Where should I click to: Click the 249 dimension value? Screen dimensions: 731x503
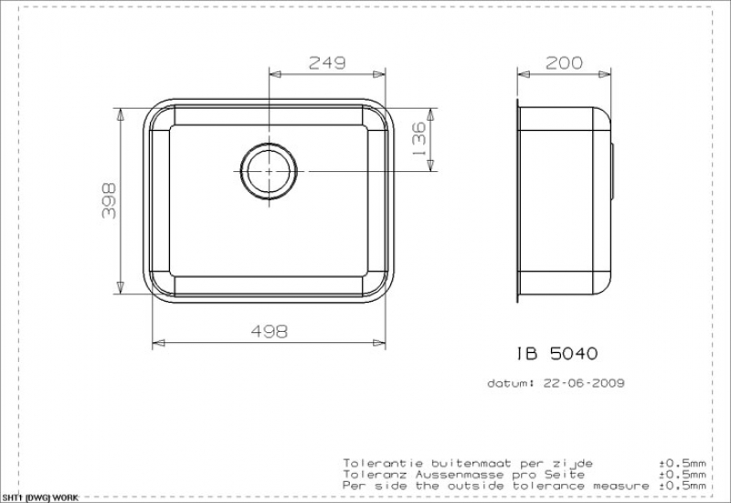(x=327, y=62)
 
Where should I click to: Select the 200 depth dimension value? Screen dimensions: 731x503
(x=564, y=62)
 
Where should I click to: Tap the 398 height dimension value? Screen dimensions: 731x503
(x=109, y=200)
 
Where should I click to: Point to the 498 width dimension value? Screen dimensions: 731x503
(x=270, y=331)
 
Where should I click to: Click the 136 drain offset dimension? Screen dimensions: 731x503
(x=419, y=139)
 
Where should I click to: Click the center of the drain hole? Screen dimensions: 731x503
(x=269, y=171)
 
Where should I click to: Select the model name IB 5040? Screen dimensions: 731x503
(x=556, y=353)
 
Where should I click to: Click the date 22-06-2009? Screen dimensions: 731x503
(x=584, y=383)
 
